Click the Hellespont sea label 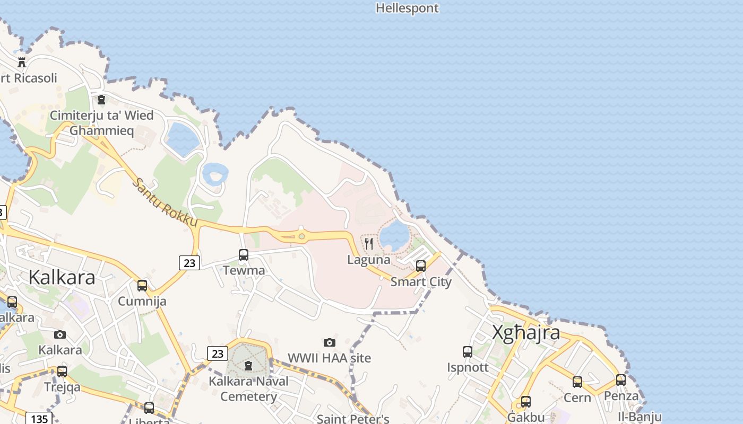pyautogui.click(x=407, y=8)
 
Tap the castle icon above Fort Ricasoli pyautogui.click(x=22, y=62)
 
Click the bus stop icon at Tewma pyautogui.click(x=244, y=255)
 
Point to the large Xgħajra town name pyautogui.click(x=525, y=333)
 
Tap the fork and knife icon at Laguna pyautogui.click(x=369, y=244)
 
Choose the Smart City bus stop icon pyautogui.click(x=421, y=266)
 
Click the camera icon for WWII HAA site pyautogui.click(x=330, y=342)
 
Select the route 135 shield pyautogui.click(x=39, y=419)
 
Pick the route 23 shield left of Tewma pyautogui.click(x=189, y=262)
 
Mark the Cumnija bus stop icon pyautogui.click(x=142, y=286)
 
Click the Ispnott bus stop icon pyautogui.click(x=468, y=351)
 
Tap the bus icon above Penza pyautogui.click(x=621, y=379)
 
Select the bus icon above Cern pyautogui.click(x=577, y=382)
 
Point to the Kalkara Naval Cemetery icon pyautogui.click(x=248, y=365)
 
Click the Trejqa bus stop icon pyautogui.click(x=62, y=371)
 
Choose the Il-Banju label pyautogui.click(x=640, y=417)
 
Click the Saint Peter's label pyautogui.click(x=353, y=419)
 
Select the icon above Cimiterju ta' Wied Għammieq pyautogui.click(x=101, y=99)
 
